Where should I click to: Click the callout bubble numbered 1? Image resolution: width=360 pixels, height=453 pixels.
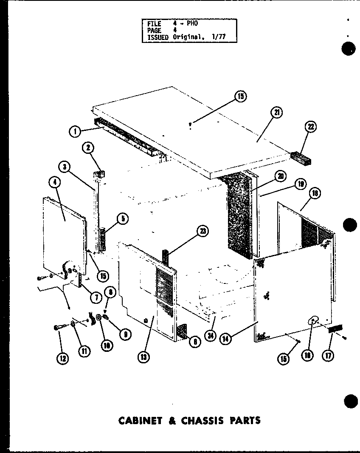[75, 132]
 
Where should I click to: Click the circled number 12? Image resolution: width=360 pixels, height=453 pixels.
[63, 358]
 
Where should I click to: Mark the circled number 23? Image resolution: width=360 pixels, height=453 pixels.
[202, 231]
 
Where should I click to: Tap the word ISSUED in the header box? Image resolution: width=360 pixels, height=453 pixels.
[157, 37]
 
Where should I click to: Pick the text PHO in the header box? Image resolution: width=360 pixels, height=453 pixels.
[192, 24]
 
